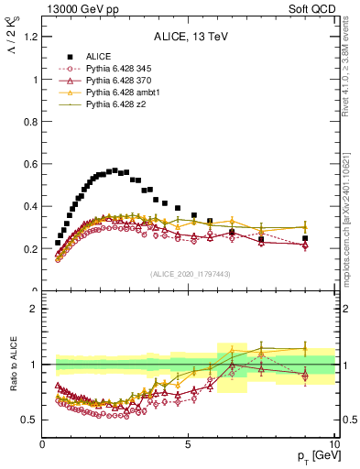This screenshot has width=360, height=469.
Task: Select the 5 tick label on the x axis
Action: tap(189, 445)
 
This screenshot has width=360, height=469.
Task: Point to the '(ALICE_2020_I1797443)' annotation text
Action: tap(190, 274)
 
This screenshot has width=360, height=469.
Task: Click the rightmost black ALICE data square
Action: tap(305, 238)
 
